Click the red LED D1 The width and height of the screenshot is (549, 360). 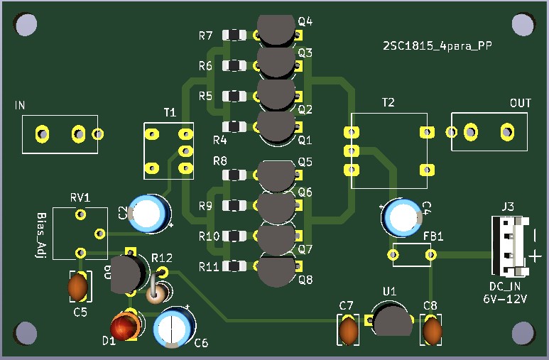[125, 327]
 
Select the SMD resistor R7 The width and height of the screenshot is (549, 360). [234, 35]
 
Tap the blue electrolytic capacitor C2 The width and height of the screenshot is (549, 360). [150, 213]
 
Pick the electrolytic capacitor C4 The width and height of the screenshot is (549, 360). [403, 217]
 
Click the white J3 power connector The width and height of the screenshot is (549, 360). [511, 246]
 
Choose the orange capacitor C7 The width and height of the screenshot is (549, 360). [348, 331]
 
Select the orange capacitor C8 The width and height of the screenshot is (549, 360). [432, 331]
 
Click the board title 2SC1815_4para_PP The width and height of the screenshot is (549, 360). [437, 46]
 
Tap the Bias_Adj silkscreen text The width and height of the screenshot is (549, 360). [41, 235]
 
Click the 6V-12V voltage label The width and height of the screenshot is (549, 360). [505, 299]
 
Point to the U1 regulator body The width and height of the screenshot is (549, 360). [392, 320]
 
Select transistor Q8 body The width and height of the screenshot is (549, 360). [276, 272]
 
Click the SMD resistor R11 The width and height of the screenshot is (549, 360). [234, 266]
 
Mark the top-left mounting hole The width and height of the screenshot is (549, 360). [26, 24]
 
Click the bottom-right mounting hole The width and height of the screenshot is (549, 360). [523, 333]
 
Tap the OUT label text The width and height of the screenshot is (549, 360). [521, 103]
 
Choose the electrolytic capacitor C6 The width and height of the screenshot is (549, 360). [174, 327]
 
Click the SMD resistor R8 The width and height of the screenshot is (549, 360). [234, 175]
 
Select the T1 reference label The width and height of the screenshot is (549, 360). [170, 112]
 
